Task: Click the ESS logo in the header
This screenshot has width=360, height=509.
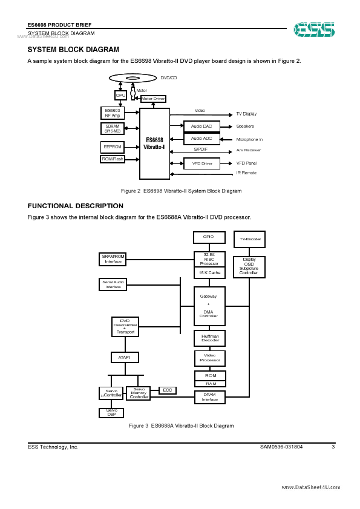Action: [x=314, y=28]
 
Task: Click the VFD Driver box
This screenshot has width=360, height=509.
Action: [x=201, y=163]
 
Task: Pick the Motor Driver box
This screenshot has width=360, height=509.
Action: [x=152, y=99]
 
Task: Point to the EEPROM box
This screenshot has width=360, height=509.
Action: [x=112, y=146]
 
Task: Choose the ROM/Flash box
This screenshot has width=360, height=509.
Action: [x=112, y=159]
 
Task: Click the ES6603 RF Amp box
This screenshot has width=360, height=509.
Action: [x=113, y=113]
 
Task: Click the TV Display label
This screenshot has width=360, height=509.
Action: [x=246, y=114]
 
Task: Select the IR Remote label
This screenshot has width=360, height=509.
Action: [x=246, y=173]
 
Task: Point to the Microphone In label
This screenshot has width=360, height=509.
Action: [x=249, y=139]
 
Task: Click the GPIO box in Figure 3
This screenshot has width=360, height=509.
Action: [x=209, y=237]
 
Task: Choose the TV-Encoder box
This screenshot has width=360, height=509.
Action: [x=249, y=240]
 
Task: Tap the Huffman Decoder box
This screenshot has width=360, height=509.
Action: [x=210, y=338]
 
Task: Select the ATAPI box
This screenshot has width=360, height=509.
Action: [x=125, y=357]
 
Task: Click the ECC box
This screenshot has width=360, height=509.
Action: [x=167, y=390]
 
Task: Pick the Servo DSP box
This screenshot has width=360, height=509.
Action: [x=111, y=413]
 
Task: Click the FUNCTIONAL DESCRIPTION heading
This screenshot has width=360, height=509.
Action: [x=76, y=206]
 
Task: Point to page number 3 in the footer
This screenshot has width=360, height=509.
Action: [x=333, y=447]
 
